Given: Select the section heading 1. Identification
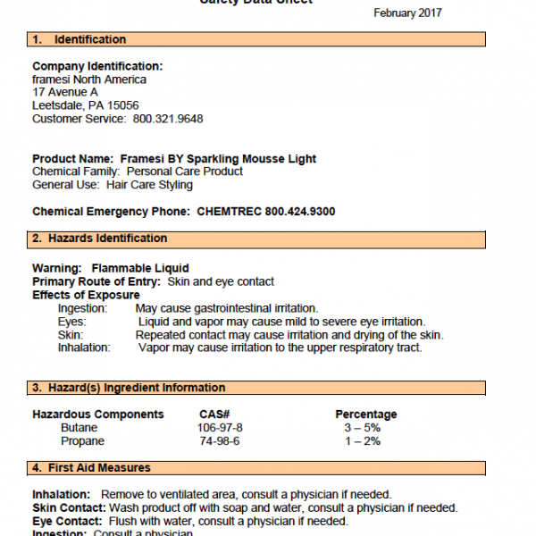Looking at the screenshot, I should pyautogui.click(x=79, y=39).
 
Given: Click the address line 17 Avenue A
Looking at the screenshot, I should pyautogui.click(x=65, y=92).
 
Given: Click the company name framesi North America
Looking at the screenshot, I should pyautogui.click(x=89, y=80).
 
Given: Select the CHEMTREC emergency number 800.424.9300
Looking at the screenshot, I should pyautogui.click(x=300, y=212).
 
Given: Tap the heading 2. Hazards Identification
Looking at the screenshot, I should pyautogui.click(x=99, y=239).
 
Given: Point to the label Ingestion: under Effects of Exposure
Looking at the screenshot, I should pyautogui.click(x=82, y=308).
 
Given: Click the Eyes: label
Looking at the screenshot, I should pyautogui.click(x=71, y=322).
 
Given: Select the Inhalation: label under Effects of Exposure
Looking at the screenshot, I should pyautogui.click(x=84, y=348).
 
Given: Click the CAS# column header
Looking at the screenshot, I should pyautogui.click(x=214, y=415).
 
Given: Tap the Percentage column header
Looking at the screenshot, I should pyautogui.click(x=366, y=415).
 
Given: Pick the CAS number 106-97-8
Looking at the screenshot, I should pyautogui.click(x=220, y=428).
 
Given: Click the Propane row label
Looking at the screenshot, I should pyautogui.click(x=82, y=441).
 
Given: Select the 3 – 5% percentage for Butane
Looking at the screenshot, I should pyautogui.click(x=360, y=428).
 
